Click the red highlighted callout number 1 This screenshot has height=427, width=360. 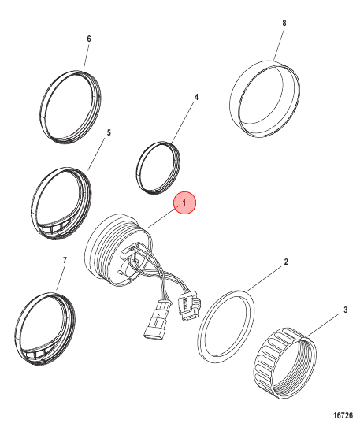[184, 203]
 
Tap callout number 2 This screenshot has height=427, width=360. [286, 262]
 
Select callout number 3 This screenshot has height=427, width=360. [345, 310]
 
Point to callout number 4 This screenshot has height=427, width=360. [196, 97]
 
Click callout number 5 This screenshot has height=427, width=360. [109, 132]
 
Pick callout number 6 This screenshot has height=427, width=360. [89, 39]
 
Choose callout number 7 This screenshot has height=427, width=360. [65, 260]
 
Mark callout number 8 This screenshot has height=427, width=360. [284, 23]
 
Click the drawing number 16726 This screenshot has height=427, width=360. [343, 415]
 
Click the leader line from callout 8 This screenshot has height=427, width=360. [279, 44]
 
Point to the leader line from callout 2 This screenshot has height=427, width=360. [265, 279]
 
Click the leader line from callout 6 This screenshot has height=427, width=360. [86, 57]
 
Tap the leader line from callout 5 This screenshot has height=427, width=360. [96, 154]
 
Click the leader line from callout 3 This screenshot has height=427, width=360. [323, 325]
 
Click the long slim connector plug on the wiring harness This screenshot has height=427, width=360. [156, 318]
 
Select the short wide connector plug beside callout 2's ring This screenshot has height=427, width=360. [188, 306]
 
